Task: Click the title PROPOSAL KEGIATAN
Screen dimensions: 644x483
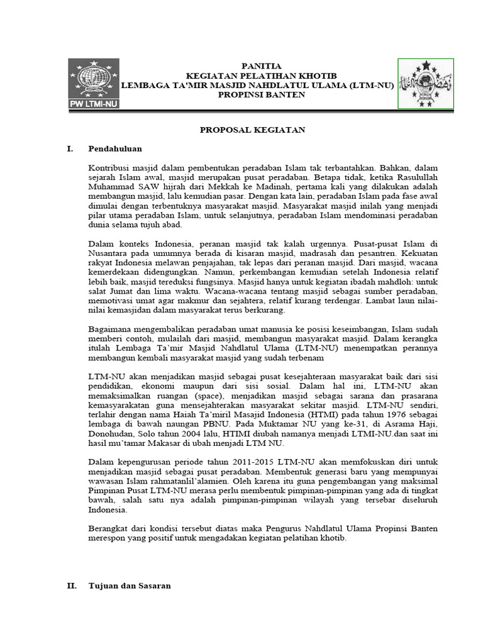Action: (252, 130)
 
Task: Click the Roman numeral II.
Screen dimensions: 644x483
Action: (72, 585)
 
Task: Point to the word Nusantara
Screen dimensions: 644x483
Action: (109, 253)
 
